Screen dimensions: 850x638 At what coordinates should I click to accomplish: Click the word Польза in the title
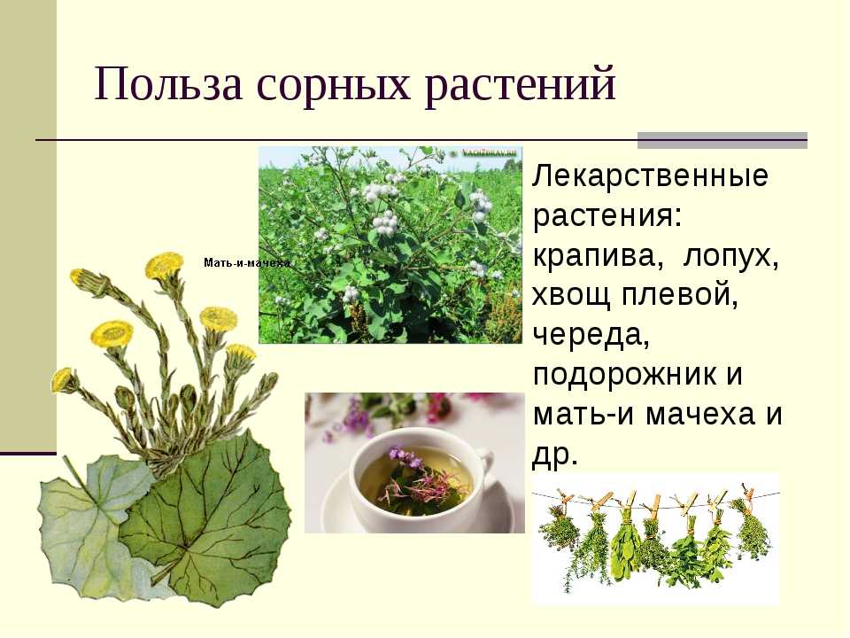[x=168, y=84]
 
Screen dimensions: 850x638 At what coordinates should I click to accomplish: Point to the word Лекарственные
[x=651, y=175]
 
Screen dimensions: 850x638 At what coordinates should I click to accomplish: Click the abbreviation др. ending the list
[x=555, y=455]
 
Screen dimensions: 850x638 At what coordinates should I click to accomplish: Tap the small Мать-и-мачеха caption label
[x=247, y=263]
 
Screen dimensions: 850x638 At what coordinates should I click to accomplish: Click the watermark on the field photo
[x=491, y=153]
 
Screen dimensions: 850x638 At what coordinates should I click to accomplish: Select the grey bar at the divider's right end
[x=722, y=140]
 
